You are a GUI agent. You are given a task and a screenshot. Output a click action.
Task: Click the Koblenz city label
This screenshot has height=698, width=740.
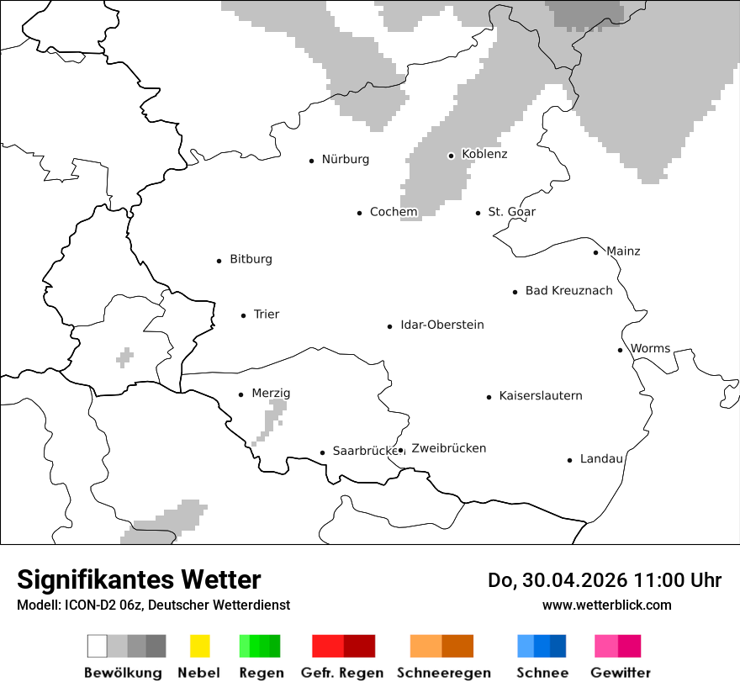(x=484, y=155)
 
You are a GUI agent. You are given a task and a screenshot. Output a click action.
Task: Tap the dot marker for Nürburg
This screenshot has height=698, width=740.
(x=311, y=160)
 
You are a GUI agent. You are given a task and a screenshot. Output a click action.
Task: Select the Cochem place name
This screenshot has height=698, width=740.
(x=394, y=212)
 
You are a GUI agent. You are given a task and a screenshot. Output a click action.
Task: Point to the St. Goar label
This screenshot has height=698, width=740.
(x=511, y=212)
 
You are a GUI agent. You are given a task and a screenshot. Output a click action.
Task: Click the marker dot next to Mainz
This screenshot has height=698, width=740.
(x=595, y=252)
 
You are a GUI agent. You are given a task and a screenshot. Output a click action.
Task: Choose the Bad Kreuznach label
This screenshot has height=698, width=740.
(x=568, y=291)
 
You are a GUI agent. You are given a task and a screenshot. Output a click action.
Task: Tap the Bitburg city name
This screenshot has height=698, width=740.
(x=251, y=260)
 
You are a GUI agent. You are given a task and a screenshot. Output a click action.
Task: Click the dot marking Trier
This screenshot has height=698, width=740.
(x=243, y=315)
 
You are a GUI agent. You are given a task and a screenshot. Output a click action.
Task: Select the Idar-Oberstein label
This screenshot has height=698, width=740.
(x=441, y=325)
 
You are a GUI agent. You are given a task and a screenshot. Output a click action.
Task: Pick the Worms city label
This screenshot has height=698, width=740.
(x=650, y=349)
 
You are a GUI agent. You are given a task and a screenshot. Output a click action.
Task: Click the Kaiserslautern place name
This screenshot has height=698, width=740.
(x=540, y=396)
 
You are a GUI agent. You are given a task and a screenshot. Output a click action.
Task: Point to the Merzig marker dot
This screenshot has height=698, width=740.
(x=240, y=394)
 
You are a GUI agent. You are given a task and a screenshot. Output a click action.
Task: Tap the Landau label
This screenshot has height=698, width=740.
(x=601, y=459)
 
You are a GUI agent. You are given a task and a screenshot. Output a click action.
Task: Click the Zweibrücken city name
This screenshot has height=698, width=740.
(x=448, y=448)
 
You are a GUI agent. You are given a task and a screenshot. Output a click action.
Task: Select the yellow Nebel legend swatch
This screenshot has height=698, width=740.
(x=199, y=646)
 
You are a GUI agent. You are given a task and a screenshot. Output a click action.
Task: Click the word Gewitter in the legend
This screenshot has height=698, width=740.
(x=621, y=673)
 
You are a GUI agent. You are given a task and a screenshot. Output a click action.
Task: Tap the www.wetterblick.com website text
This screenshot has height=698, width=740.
(x=606, y=605)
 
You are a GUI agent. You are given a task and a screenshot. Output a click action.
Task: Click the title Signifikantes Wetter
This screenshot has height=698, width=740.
(x=139, y=580)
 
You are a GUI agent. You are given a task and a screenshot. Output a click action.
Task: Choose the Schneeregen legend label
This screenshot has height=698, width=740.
(x=443, y=673)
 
